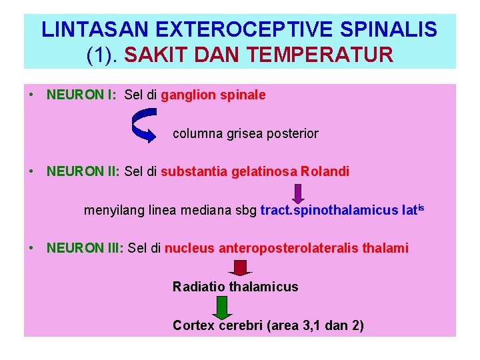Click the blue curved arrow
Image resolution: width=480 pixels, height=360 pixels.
pyautogui.click(x=145, y=125)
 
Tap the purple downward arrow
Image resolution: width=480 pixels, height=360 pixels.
pyautogui.click(x=297, y=194)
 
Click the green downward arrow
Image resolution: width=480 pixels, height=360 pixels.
pyautogui.click(x=222, y=307)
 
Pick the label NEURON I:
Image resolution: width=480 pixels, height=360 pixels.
pyautogui.click(x=82, y=95)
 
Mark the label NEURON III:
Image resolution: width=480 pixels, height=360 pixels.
pyautogui.click(x=85, y=249)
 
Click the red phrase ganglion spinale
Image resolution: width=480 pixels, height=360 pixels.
pyautogui.click(x=213, y=95)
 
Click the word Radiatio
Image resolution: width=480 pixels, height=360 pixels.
pyautogui.click(x=199, y=287)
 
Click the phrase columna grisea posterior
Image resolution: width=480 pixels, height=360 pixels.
pyautogui.click(x=245, y=133)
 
